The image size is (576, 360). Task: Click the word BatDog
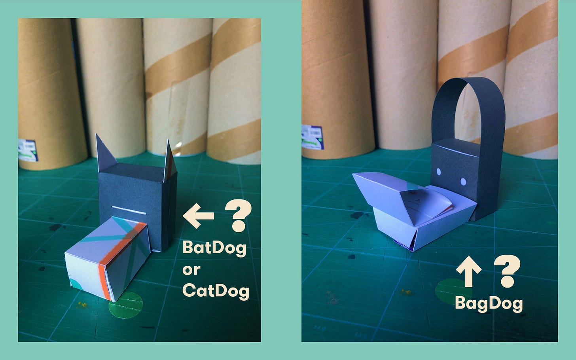point(214,248)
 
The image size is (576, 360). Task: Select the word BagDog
point(489,304)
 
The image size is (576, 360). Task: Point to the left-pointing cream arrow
point(198,216)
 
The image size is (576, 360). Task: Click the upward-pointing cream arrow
point(468,271)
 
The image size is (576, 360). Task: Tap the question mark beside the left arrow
point(239,216)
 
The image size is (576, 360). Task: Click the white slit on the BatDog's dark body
point(129,210)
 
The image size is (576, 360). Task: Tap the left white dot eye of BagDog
point(439,172)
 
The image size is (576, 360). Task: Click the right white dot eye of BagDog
point(463,182)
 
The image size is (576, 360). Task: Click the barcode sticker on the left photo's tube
point(28,150)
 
